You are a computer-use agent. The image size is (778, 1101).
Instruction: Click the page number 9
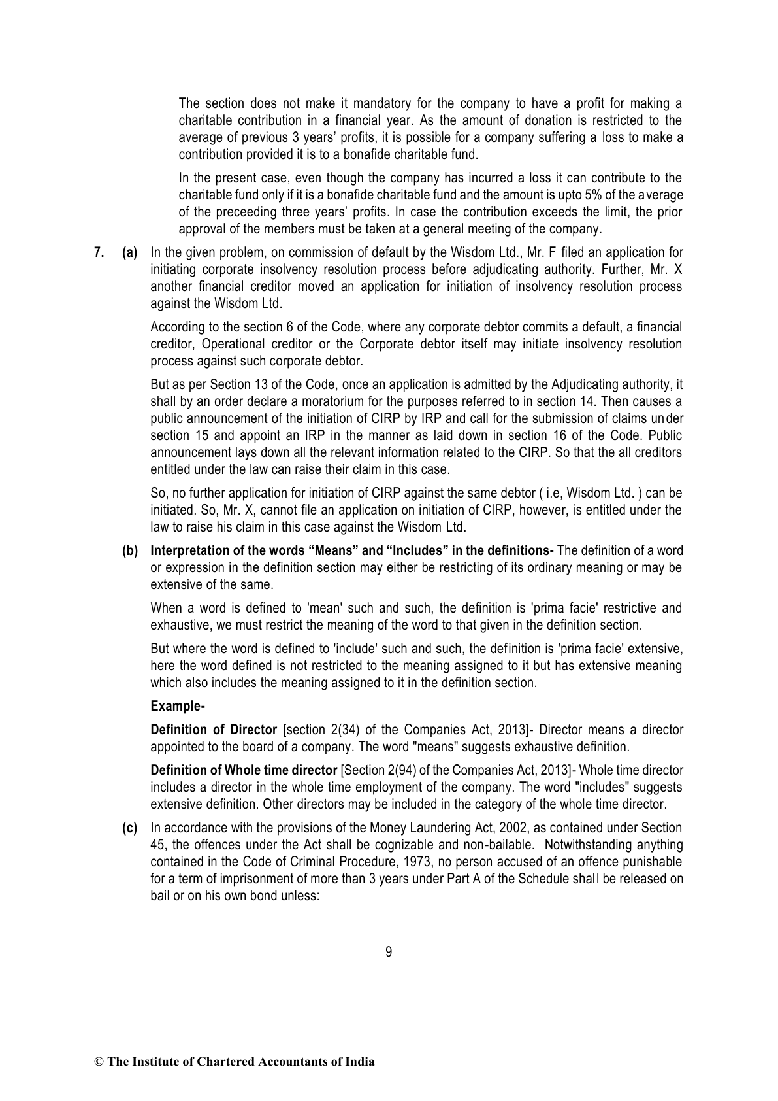point(389,952)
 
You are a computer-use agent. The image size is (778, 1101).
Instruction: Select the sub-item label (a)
point(130,252)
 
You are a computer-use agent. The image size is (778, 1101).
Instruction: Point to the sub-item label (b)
point(130,550)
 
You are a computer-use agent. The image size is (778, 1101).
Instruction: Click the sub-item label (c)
point(130,828)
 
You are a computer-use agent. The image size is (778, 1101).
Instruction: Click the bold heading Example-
point(178,706)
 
